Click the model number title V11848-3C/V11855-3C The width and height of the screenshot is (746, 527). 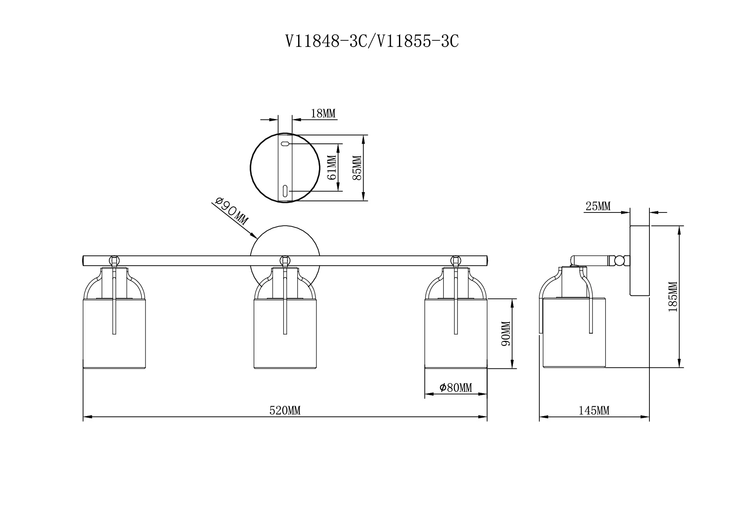point(372,41)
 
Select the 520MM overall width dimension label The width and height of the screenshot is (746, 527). point(285,411)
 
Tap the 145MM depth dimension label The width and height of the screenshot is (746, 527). point(594,411)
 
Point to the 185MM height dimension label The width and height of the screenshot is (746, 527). point(672,297)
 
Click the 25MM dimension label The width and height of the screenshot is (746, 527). point(598,207)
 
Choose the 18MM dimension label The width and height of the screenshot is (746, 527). point(323,113)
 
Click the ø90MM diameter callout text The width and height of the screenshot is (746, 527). point(231,211)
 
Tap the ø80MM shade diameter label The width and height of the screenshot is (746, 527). point(456,388)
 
